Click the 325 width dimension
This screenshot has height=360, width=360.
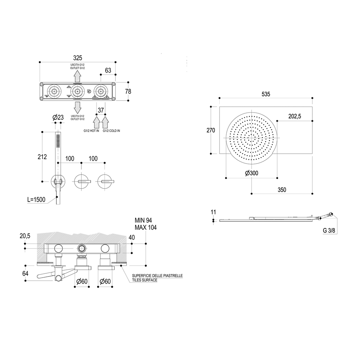tap(77, 58)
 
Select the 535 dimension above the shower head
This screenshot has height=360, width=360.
tap(266, 94)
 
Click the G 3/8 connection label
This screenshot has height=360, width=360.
tap(329, 231)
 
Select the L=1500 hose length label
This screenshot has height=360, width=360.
tap(36, 200)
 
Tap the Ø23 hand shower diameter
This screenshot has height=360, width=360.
tap(58, 117)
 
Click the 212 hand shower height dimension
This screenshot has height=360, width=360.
tap(42, 157)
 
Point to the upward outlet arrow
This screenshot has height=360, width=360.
tap(78, 75)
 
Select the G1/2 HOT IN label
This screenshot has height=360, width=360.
tap(91, 131)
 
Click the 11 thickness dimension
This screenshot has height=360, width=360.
tap(213, 212)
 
